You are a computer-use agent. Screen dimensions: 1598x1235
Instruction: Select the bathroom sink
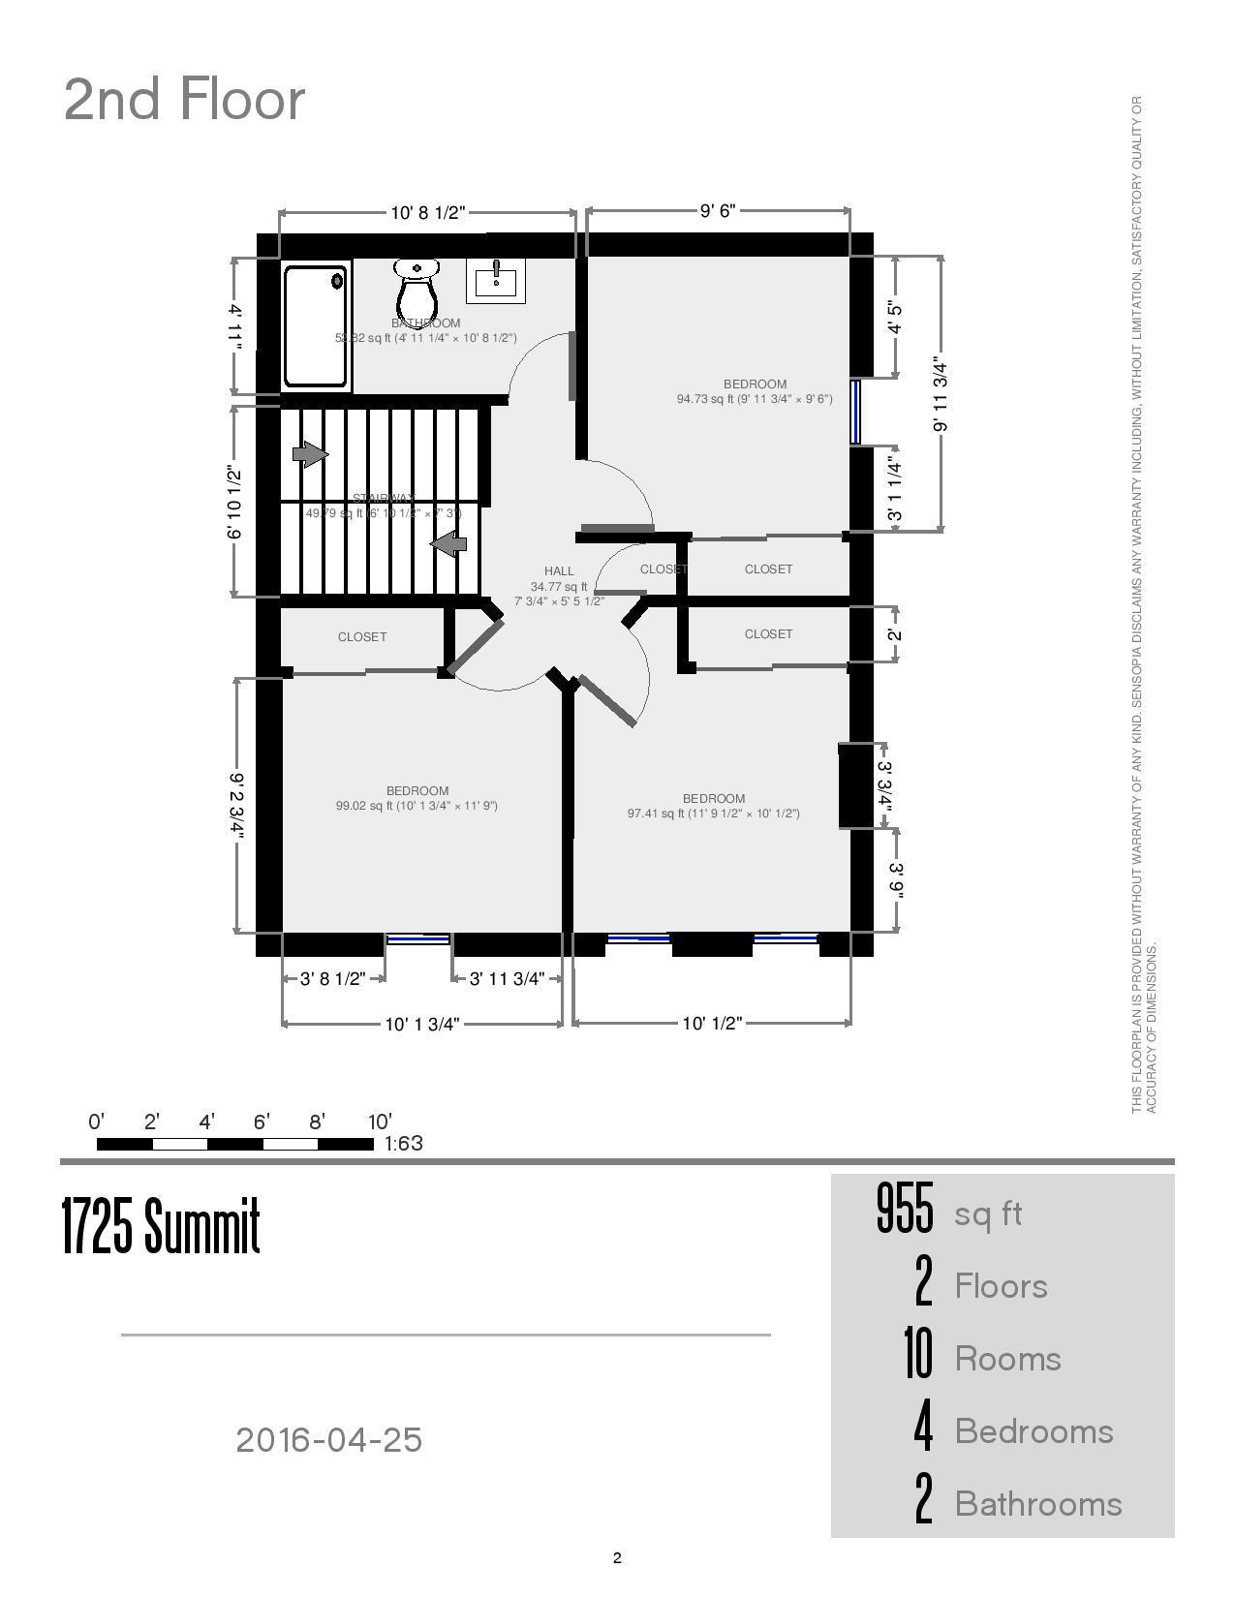(496, 280)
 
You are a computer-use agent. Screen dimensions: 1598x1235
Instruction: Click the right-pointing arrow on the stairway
(311, 453)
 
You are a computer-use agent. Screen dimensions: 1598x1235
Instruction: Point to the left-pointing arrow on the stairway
(448, 544)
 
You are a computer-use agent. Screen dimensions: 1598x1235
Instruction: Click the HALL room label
(559, 571)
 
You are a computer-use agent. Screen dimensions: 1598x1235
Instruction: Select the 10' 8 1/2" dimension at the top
(428, 213)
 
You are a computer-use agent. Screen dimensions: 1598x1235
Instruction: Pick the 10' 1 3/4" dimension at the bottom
(421, 1025)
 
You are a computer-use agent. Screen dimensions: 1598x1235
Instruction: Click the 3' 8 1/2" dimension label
(331, 979)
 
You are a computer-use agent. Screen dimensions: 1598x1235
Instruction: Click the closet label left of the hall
(362, 637)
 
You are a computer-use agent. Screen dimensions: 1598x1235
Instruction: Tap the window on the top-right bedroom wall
(855, 412)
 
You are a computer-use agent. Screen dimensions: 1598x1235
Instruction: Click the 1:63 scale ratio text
(404, 1144)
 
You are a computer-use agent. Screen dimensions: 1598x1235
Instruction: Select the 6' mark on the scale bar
(262, 1122)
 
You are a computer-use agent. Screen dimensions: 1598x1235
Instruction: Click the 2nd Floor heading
(184, 99)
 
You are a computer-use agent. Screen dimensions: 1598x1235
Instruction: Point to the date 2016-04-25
(329, 1440)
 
